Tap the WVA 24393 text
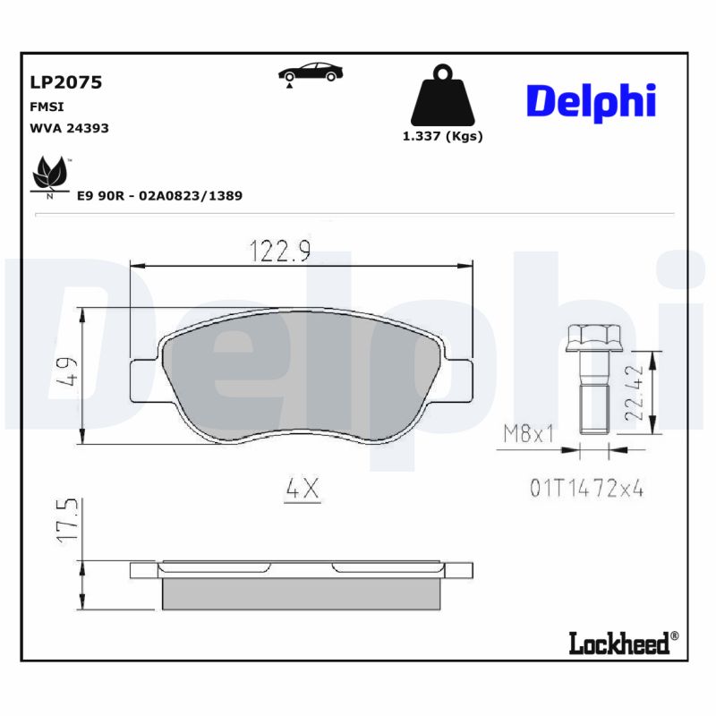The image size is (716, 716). pyautogui.click(x=70, y=128)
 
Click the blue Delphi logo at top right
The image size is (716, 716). pyautogui.click(x=591, y=102)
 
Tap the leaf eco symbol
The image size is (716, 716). pyautogui.click(x=50, y=173)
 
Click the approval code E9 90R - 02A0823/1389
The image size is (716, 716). pyautogui.click(x=160, y=195)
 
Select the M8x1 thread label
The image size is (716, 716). pyautogui.click(x=528, y=434)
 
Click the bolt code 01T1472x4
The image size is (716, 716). pyautogui.click(x=587, y=489)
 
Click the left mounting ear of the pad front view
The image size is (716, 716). pyautogui.click(x=145, y=380)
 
